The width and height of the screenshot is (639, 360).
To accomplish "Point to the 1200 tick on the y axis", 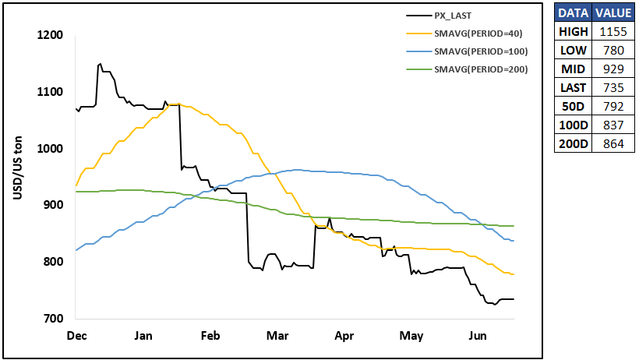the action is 50,35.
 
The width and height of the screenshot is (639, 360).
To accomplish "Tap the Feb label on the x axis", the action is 210,336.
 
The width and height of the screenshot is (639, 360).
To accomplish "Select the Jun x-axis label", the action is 477,336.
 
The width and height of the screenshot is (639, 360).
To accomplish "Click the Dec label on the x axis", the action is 76,336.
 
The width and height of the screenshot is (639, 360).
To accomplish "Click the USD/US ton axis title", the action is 17,168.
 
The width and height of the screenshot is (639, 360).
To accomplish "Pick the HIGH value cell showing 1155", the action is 613,32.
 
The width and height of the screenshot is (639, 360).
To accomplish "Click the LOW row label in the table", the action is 573,51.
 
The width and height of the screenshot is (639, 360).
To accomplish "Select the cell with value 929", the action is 613,69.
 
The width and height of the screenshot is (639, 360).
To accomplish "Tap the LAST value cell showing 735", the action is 613,88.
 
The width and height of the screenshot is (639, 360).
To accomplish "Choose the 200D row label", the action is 573,144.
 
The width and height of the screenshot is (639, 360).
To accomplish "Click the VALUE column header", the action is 613,13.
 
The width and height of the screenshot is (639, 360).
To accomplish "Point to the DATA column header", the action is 573,13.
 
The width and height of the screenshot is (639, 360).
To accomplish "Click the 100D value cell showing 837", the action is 613,125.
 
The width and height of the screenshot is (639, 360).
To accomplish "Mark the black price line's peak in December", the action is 101,64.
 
